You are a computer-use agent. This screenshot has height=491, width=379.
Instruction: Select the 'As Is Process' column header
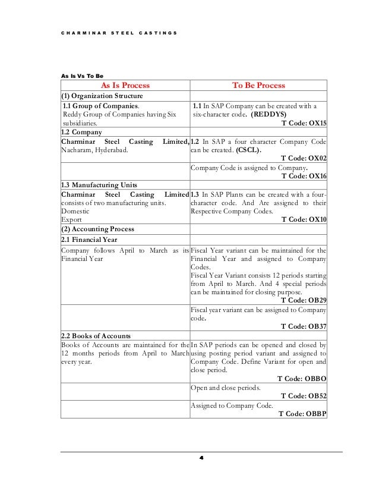click(124, 86)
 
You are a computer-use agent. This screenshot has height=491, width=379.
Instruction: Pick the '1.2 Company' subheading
click(82, 131)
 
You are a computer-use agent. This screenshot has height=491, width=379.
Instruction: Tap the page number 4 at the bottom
click(201, 459)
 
